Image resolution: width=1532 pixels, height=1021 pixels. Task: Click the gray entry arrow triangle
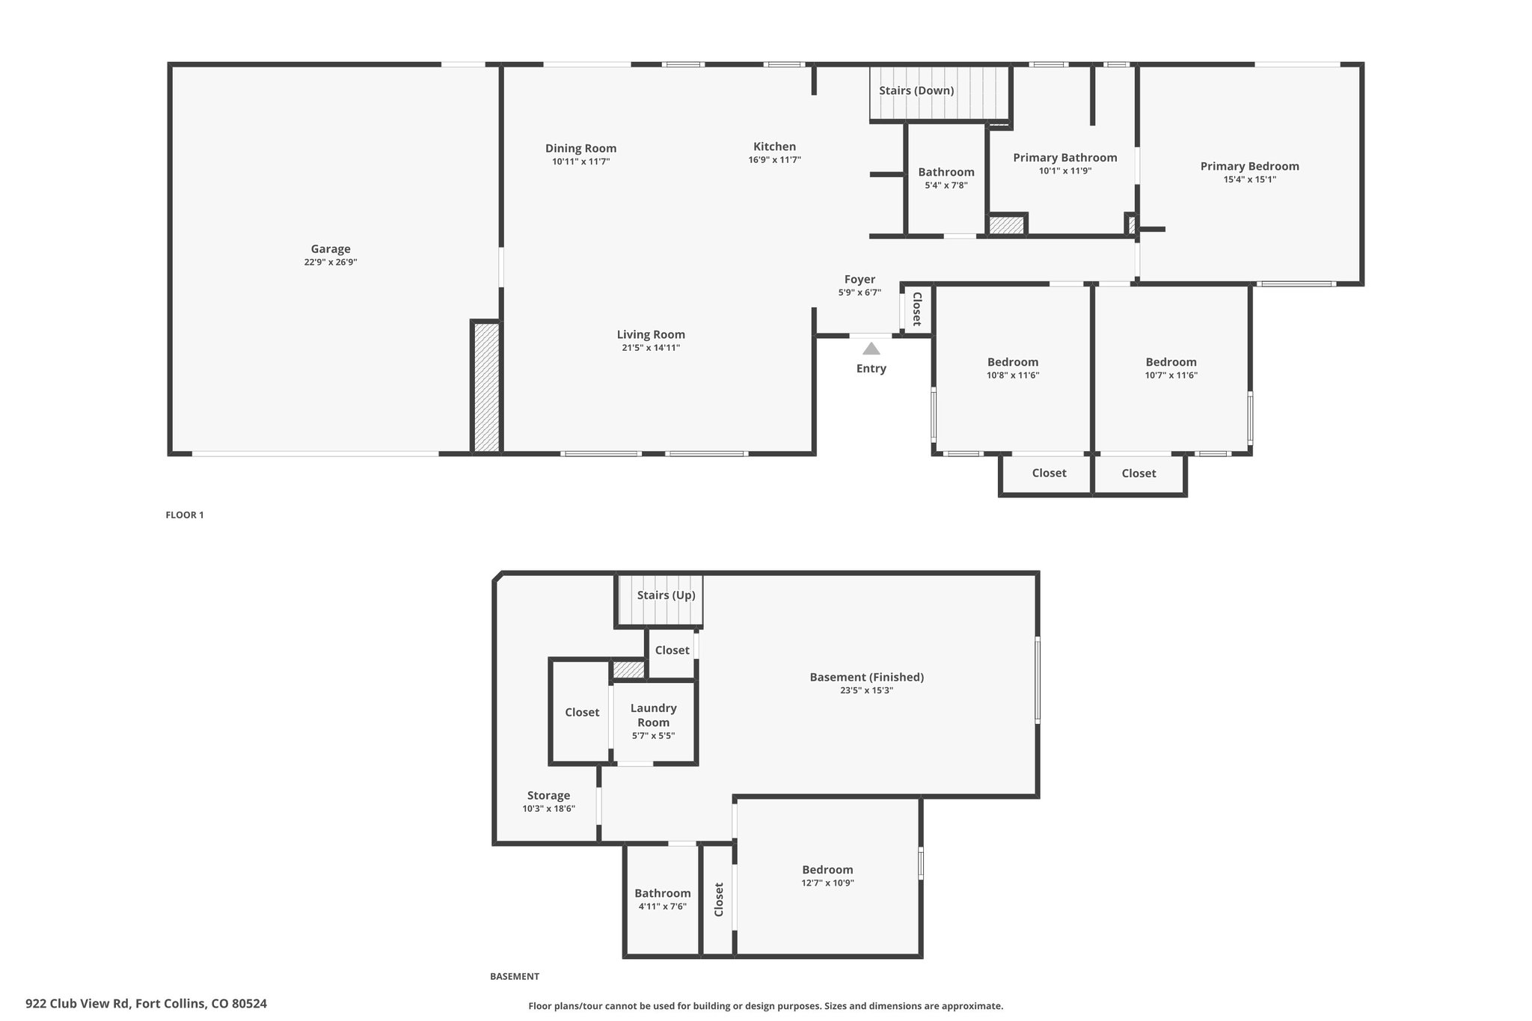point(871,349)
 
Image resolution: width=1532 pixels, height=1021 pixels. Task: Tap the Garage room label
point(331,249)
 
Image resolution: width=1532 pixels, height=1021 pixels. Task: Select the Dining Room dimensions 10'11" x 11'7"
point(581,162)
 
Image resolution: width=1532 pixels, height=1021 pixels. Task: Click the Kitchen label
point(774,147)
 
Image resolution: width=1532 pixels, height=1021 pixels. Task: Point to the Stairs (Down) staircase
point(940,93)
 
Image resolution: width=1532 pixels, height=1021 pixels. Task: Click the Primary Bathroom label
point(1065,157)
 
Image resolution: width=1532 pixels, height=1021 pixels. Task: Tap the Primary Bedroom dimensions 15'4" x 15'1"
point(1250,180)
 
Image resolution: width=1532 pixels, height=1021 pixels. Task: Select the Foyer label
point(860,280)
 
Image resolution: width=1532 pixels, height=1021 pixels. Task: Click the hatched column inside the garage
point(486,387)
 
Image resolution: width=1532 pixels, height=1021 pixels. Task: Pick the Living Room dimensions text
point(651,348)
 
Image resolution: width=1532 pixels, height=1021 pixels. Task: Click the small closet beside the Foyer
point(917,309)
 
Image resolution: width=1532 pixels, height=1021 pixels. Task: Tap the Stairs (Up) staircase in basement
point(660,599)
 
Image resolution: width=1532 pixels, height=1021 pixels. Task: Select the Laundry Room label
point(653,715)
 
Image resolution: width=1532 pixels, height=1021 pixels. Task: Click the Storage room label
point(548,796)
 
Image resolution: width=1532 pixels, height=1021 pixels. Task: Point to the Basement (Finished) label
point(867,677)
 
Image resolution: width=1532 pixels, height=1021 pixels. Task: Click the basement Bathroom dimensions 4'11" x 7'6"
point(663,907)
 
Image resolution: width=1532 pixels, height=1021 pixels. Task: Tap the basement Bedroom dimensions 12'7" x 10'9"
point(827,883)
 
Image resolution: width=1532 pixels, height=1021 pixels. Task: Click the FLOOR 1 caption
point(185,515)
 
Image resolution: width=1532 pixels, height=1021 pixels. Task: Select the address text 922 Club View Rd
point(78,1004)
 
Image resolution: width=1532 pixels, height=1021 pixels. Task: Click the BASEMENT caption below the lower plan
point(515,976)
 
